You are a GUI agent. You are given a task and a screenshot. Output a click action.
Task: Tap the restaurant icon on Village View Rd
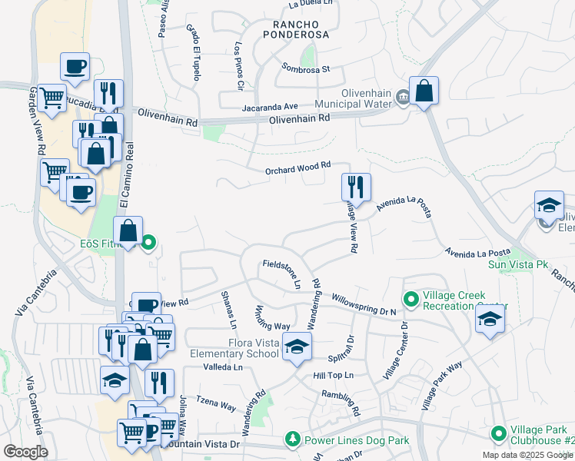(356, 187)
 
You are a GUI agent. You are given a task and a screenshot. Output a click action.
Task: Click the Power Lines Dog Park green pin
(292, 440)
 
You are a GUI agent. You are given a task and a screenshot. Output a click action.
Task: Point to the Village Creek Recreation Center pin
(410, 297)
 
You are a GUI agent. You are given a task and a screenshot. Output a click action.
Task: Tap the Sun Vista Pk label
(517, 265)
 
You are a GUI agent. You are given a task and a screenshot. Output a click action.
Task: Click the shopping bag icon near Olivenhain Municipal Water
(424, 91)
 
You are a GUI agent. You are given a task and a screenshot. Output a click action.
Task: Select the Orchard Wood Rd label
(297, 168)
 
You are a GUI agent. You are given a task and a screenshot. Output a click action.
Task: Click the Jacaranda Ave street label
(269, 107)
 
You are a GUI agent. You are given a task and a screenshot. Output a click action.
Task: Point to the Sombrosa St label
(305, 68)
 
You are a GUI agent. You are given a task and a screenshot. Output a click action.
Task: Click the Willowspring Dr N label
(363, 303)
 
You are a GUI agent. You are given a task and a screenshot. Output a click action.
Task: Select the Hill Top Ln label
(333, 375)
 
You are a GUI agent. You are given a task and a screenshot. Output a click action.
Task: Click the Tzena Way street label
(215, 404)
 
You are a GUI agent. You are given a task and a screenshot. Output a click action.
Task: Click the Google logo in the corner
(25, 452)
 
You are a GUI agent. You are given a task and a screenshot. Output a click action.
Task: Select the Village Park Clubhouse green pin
(499, 435)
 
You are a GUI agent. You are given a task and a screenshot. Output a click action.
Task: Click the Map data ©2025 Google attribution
(527, 455)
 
